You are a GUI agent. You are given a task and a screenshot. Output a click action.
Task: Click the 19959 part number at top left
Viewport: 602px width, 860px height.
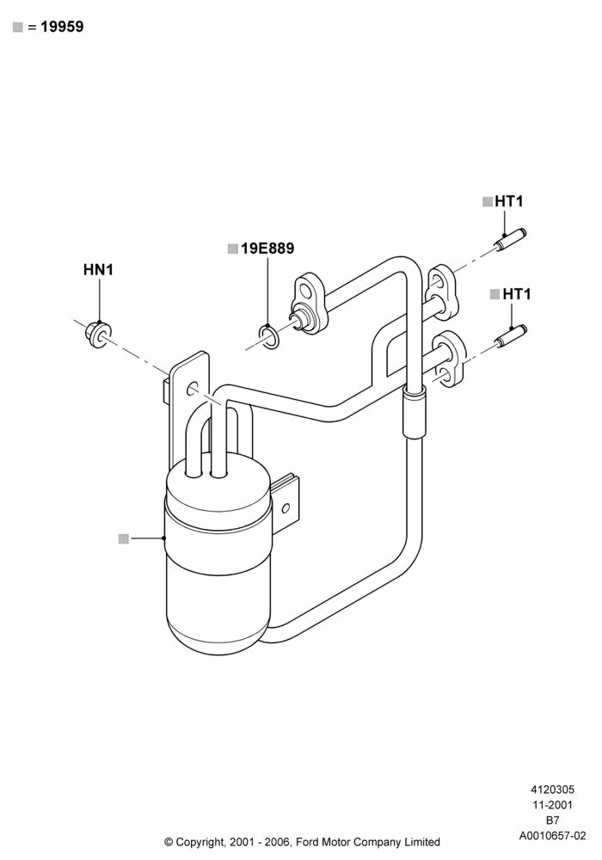(x=62, y=27)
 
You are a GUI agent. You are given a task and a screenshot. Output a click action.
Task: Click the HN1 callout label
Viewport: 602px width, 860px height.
(x=98, y=270)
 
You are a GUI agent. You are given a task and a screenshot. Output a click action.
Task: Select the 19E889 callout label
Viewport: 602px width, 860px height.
(x=267, y=249)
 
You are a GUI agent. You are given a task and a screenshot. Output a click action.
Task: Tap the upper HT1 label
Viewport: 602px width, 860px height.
(x=509, y=201)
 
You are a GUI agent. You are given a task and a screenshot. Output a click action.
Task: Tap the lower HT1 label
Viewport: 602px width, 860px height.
(x=517, y=294)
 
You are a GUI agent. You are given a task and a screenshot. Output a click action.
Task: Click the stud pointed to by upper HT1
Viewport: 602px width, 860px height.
(x=510, y=240)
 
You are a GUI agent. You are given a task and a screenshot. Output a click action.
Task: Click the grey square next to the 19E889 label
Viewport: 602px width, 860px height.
(x=232, y=249)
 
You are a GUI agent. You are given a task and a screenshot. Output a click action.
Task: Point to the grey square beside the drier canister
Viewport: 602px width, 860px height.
(x=123, y=538)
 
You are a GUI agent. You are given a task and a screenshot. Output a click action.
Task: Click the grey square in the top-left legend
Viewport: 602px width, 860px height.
(x=17, y=27)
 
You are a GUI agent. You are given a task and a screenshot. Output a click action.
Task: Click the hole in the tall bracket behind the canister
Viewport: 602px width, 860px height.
(x=192, y=389)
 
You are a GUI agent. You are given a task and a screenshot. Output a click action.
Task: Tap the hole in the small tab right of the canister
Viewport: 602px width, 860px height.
(x=286, y=508)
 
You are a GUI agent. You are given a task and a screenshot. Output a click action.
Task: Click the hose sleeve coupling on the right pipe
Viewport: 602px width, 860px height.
(x=415, y=411)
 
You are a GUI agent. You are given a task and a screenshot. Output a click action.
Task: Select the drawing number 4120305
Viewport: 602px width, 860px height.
(x=552, y=789)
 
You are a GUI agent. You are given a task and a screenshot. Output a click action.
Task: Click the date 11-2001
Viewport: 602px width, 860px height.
(x=552, y=805)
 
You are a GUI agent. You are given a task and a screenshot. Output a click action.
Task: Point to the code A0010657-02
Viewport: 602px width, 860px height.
(x=552, y=836)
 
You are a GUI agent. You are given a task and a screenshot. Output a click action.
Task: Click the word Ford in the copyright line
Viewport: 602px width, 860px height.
(x=309, y=841)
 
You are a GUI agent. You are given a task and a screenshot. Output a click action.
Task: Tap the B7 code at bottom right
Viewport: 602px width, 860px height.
(x=552, y=820)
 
